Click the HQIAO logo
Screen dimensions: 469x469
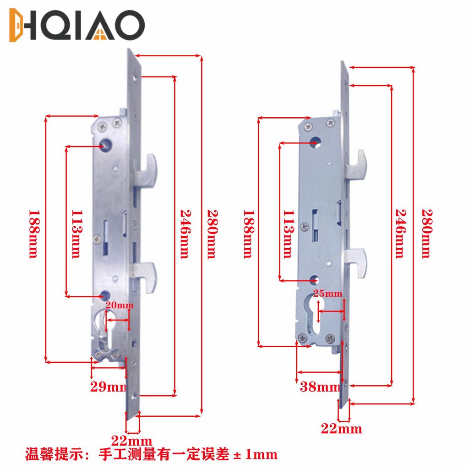(77, 25)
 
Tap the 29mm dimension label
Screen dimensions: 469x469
(109, 387)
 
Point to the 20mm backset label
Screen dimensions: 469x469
(120, 305)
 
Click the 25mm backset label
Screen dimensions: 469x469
(328, 293)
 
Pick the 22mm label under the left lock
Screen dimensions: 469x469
(131, 441)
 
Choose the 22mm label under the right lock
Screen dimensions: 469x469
(342, 429)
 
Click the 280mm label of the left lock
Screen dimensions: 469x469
(213, 234)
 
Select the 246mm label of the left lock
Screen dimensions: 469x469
(185, 234)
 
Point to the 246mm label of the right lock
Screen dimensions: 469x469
(401, 234)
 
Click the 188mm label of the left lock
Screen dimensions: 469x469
(34, 234)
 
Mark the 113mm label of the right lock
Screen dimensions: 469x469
(289, 234)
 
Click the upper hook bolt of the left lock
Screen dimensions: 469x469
(146, 170)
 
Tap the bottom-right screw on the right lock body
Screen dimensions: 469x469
(330, 338)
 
